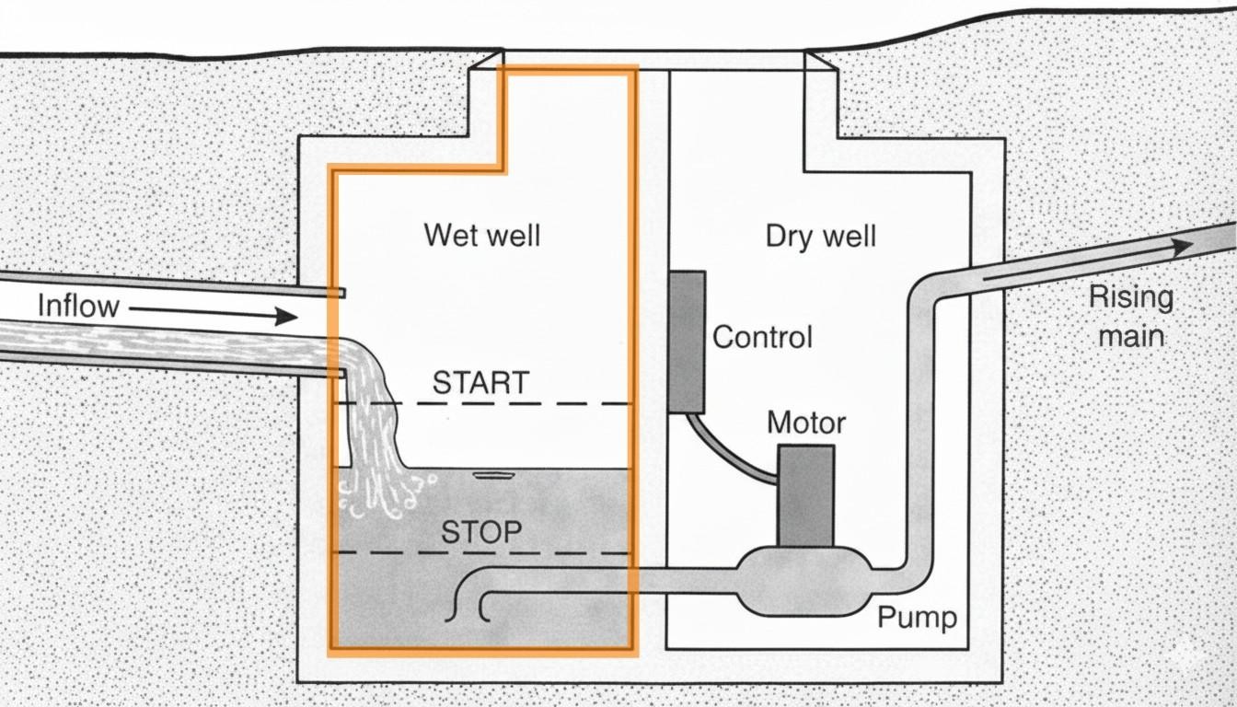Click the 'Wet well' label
(x=481, y=235)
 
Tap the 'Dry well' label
(x=820, y=237)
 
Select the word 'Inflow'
(x=78, y=306)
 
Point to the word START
(x=480, y=382)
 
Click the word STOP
(x=481, y=531)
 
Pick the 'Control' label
(x=762, y=336)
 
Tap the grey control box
(x=687, y=341)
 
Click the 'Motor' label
(x=806, y=423)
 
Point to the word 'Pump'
(x=917, y=617)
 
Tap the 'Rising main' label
(x=1131, y=316)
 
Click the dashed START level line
(x=552, y=403)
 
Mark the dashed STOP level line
(x=552, y=552)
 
